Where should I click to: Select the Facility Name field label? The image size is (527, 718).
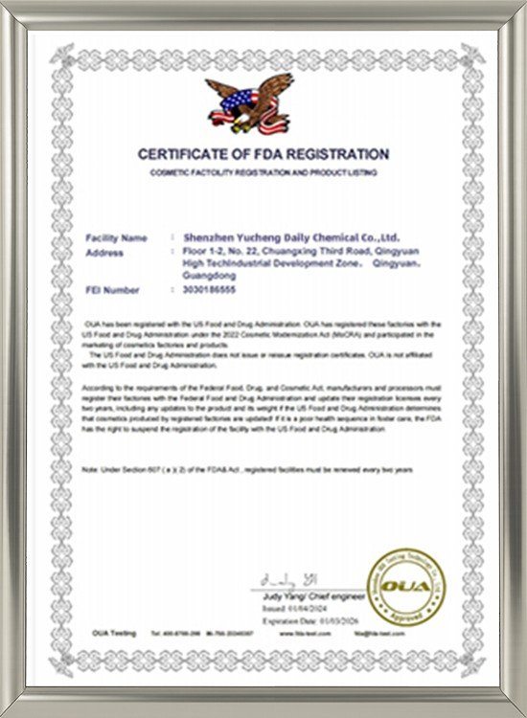[x=116, y=236]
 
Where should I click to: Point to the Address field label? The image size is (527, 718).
[x=104, y=254]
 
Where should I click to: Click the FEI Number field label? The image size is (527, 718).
[x=113, y=289]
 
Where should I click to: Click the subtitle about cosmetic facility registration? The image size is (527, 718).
[x=263, y=172]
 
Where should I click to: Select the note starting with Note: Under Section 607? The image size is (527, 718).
[x=247, y=471]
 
